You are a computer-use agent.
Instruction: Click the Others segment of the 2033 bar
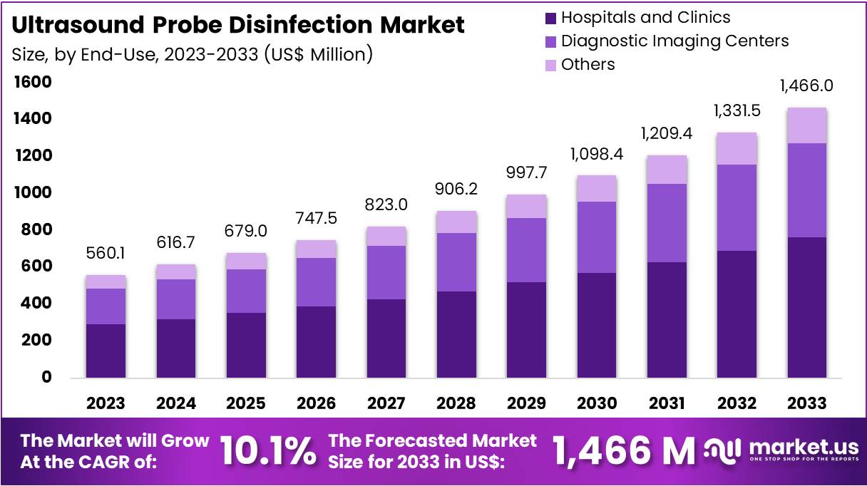tap(806, 125)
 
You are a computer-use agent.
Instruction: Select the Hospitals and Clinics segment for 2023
tap(106, 351)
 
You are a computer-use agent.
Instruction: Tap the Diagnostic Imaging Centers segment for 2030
tap(596, 237)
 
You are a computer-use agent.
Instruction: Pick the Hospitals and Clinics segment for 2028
tap(456, 334)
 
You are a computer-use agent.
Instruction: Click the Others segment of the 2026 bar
tap(316, 249)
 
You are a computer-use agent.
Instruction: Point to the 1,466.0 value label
tap(806, 86)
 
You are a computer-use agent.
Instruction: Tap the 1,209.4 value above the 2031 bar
tap(666, 133)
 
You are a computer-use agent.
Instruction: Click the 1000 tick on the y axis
tap(33, 192)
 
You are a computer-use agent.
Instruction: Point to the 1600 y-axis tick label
tap(33, 82)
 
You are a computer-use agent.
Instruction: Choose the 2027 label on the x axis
tap(386, 403)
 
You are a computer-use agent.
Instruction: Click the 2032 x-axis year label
tap(737, 403)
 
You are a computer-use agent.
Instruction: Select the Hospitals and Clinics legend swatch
tap(550, 17)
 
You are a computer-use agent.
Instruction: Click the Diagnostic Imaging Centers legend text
tap(674, 41)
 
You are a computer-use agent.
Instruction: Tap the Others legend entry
tap(588, 64)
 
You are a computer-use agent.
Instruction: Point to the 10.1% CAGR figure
tap(267, 451)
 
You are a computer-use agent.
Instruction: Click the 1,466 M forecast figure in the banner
tap(623, 451)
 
